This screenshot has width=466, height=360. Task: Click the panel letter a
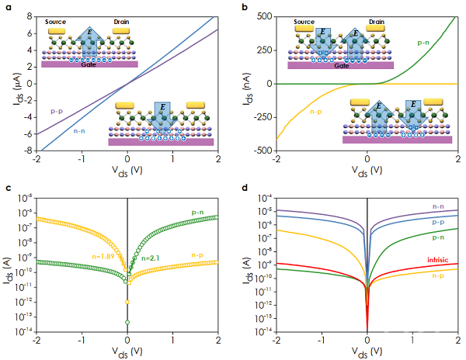pos(6,7)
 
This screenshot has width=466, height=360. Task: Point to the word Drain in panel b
pos(376,22)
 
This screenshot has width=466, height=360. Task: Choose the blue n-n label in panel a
pos(78,131)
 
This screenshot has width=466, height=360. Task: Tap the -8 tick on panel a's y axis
pos(28,151)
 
